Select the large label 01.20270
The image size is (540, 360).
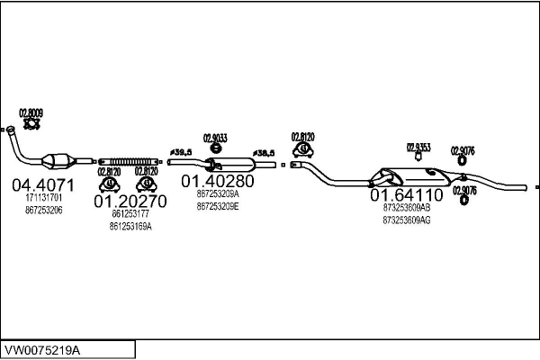[x=130, y=202]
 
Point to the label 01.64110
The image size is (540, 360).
[x=406, y=194]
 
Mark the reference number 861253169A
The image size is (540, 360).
[x=130, y=227]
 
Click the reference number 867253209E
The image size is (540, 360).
[x=217, y=205]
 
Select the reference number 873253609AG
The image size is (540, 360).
[x=406, y=220]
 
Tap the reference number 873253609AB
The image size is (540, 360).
[x=406, y=207]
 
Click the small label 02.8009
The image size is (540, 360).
[x=31, y=112]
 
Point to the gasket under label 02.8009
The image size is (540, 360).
[x=31, y=126]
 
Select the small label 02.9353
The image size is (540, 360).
[x=418, y=146]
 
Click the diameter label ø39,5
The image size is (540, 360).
[x=181, y=151]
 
